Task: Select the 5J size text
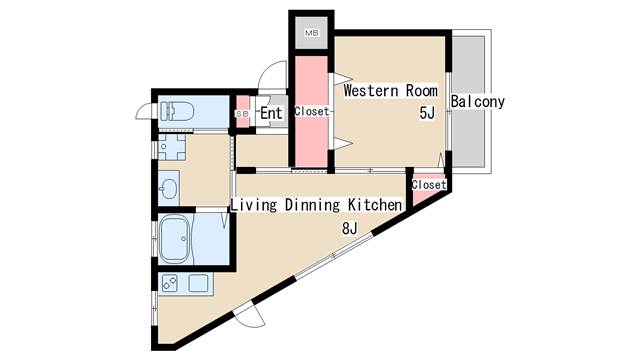pos(427,113)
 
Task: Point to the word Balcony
pos(477,101)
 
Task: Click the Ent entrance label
pos(271,113)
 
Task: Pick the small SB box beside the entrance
pos(242,114)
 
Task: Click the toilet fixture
pos(177,111)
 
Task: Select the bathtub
pos(181,238)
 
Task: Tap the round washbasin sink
pos(169,187)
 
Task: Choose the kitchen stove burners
pos(169,283)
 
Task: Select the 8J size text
pos(350,228)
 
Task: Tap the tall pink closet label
pos(311,112)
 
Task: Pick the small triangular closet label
pos(428,185)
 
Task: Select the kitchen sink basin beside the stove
pos(196,283)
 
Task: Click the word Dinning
pos(313,205)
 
